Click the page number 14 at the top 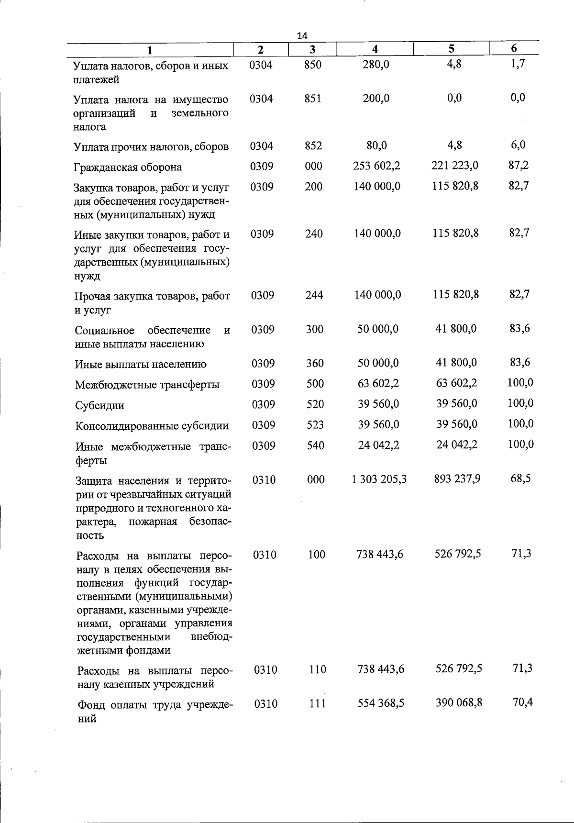pos(302,35)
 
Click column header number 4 pos(375,49)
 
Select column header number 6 pos(514,48)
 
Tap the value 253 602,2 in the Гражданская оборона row pos(377,166)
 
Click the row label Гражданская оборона pos(128,167)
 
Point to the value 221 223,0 pos(455,166)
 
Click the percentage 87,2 pos(519,165)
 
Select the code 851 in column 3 pos(313,99)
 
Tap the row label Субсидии pos(99,406)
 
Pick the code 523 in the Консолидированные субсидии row pos(315,425)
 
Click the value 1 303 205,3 pos(379,479)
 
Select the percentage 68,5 pos(520,478)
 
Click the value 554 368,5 pos(381,703)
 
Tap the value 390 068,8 pos(459,703)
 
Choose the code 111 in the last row pos(317,704)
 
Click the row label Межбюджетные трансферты pos(147,385)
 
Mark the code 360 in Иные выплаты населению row pos(315,364)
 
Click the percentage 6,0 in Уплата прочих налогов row pos(518,145)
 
